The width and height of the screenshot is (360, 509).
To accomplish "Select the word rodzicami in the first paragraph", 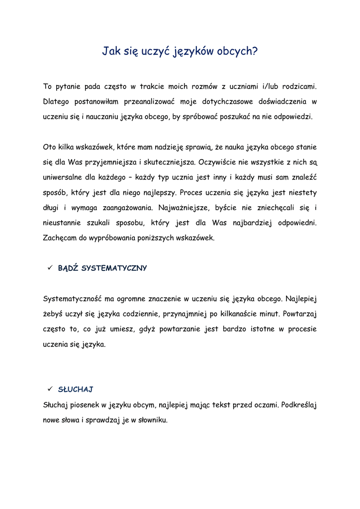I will click(298, 86).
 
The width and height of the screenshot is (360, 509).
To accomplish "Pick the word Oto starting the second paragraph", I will click(50, 147).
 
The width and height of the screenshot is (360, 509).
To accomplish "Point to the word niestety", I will click(301, 192).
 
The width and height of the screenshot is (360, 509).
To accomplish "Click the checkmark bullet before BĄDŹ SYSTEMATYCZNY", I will click(50, 268).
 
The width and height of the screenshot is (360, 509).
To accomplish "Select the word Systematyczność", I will click(73, 299).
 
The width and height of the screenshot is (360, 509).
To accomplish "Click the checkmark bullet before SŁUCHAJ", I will click(50, 389).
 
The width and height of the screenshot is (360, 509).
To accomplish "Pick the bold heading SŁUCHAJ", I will click(76, 389).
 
